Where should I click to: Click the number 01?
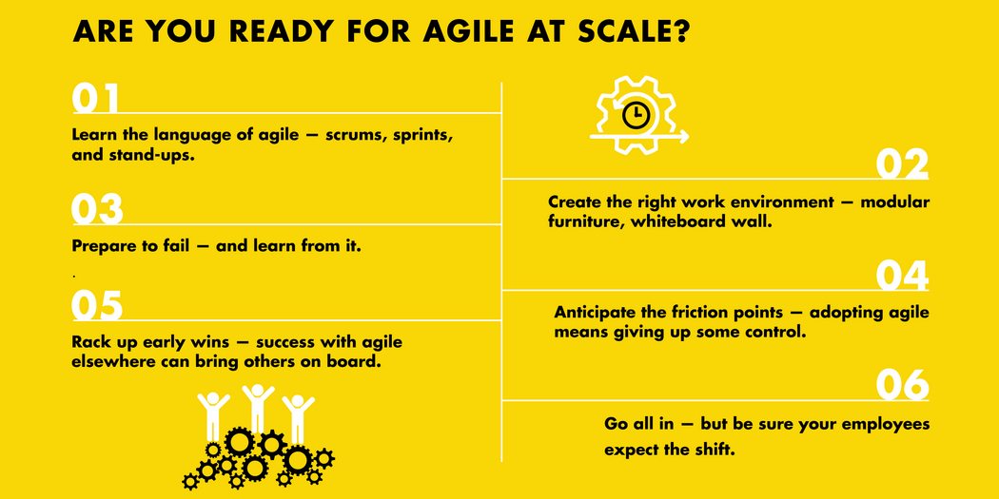96,99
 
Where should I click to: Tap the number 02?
902,164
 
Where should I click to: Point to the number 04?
902,276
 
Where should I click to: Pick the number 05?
97,306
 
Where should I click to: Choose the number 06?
902,385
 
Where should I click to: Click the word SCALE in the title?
616,31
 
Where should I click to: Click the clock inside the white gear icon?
636,115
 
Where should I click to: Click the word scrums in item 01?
355,135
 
